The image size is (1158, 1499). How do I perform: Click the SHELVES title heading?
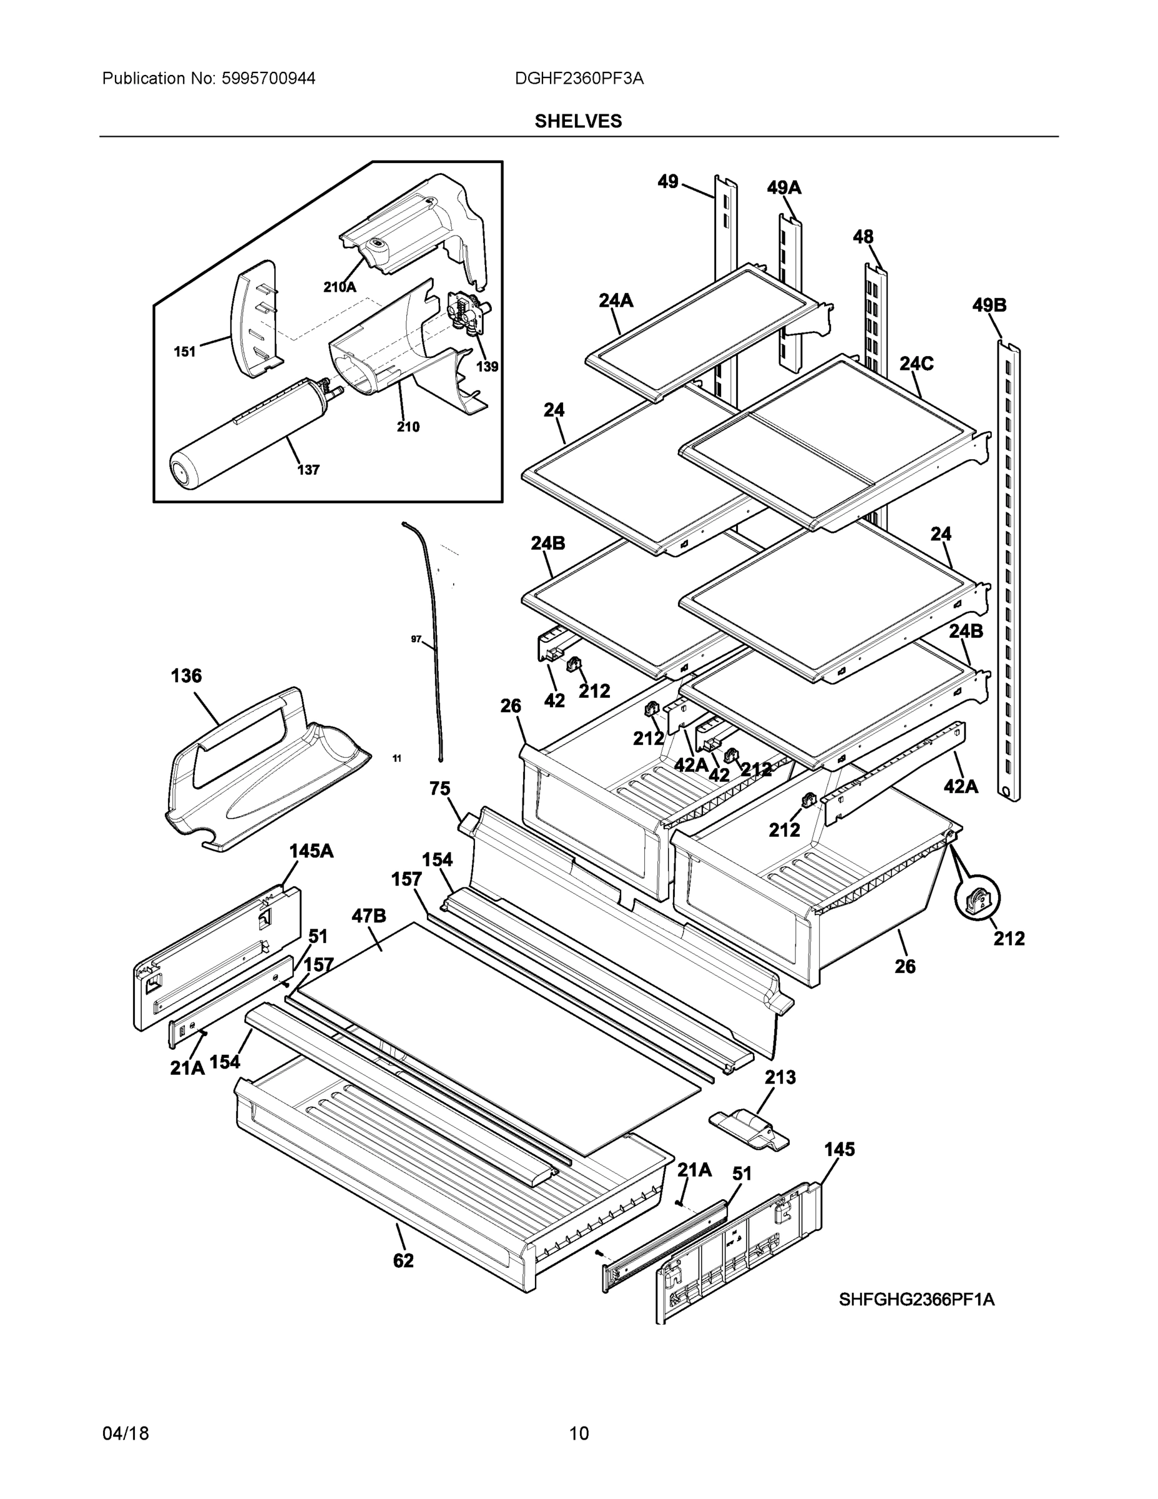click(577, 122)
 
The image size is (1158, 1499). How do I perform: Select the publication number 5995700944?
click(268, 79)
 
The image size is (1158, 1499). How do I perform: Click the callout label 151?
click(185, 352)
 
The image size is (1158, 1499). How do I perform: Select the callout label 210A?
click(340, 287)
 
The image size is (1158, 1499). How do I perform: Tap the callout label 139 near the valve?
click(487, 367)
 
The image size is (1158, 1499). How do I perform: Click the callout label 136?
click(186, 676)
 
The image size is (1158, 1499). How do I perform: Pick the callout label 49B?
click(989, 305)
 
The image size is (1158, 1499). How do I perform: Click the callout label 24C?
click(916, 364)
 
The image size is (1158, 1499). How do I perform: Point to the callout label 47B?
click(368, 916)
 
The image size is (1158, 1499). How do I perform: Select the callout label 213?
click(780, 1077)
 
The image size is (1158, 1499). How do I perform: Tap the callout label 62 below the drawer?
click(403, 1261)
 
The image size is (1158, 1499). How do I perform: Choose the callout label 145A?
click(311, 851)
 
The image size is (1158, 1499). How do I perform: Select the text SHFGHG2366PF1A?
click(916, 1299)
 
